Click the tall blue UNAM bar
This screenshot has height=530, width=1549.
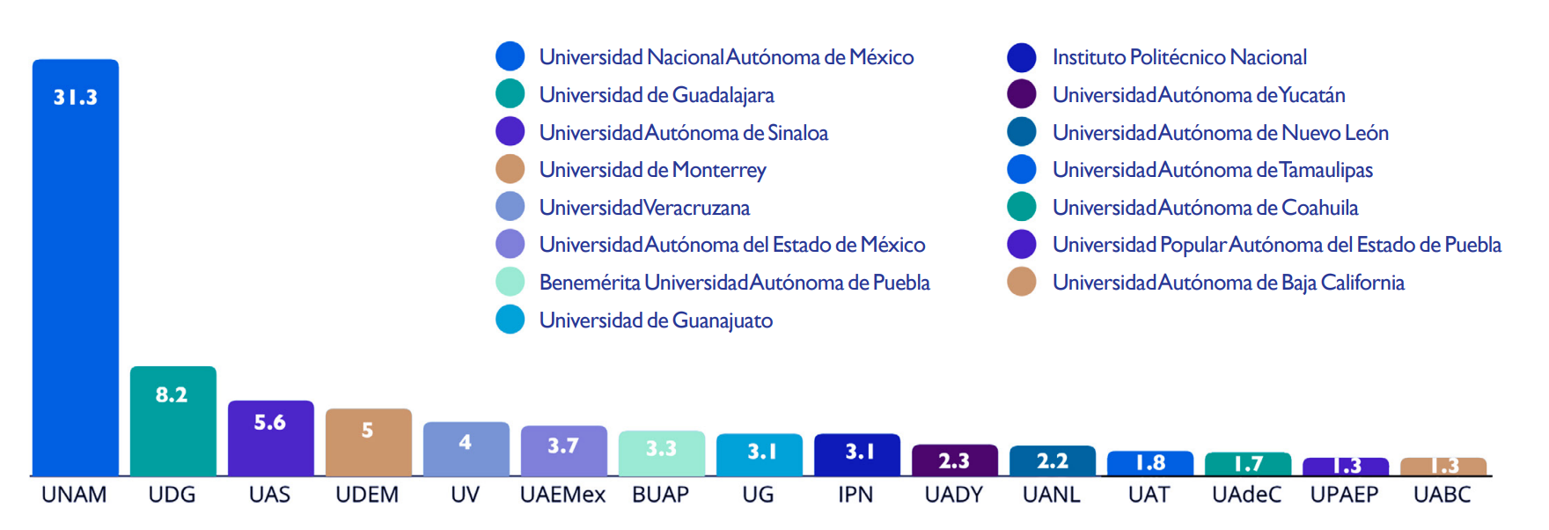[x=76, y=268]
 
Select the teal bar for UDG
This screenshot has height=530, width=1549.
[x=173, y=421]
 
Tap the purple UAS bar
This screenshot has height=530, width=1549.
[x=271, y=438]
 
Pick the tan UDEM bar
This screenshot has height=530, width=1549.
[x=369, y=442]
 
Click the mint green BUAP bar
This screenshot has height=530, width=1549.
[x=662, y=453]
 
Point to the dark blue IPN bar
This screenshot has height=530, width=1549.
[x=857, y=454]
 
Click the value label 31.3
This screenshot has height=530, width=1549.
[x=76, y=97]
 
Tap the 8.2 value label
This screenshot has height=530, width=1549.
[x=172, y=394]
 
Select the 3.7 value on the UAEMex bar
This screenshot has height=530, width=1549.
[x=563, y=445]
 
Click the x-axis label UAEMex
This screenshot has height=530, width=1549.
[x=563, y=495]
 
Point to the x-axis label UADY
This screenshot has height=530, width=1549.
[x=954, y=495]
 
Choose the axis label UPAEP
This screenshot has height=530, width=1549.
[x=1345, y=495]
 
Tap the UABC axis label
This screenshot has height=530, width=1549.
[x=1443, y=495]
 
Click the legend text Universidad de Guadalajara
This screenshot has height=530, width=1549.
[x=657, y=95]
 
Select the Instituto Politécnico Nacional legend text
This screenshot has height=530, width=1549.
[x=1179, y=57]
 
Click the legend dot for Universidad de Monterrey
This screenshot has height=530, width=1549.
[x=510, y=169]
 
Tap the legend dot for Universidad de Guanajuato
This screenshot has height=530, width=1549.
[x=510, y=320]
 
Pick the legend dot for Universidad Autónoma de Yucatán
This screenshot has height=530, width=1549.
[x=1022, y=94]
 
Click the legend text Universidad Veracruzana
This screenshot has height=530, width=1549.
[x=644, y=208]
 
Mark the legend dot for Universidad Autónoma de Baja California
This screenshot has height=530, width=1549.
[x=1022, y=282]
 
